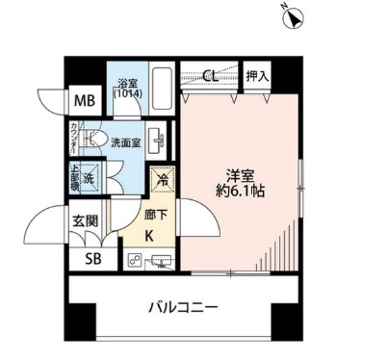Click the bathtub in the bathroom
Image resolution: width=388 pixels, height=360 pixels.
[x=159, y=93]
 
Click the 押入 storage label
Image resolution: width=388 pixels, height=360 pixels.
[x=257, y=75]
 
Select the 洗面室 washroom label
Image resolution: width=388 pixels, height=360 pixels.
[x=127, y=141]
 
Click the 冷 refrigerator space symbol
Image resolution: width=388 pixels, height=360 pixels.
[x=161, y=179]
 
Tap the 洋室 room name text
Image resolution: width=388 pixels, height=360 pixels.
[x=240, y=175]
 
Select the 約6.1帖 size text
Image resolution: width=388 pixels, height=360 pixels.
[x=240, y=193]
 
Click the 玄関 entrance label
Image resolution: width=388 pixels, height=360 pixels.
[x=85, y=221]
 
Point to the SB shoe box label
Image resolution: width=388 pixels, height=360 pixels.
[x=92, y=257]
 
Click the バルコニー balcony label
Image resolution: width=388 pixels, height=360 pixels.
[x=183, y=309]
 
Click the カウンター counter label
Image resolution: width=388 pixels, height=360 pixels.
[x=73, y=138]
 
